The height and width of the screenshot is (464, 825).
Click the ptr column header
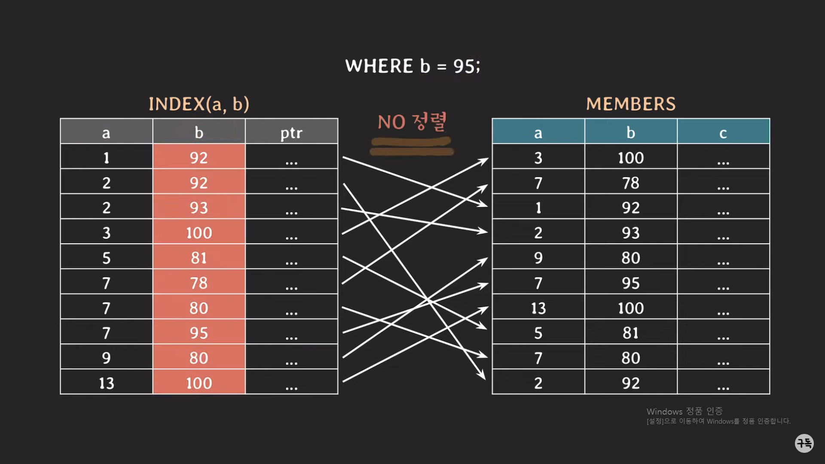[x=291, y=133]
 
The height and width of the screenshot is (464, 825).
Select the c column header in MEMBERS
[x=723, y=133]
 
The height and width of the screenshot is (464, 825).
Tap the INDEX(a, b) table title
[x=199, y=104]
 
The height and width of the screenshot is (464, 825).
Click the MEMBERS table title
[x=631, y=104]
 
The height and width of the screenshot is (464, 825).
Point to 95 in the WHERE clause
[x=464, y=66]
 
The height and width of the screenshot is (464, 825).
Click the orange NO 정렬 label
[x=412, y=122]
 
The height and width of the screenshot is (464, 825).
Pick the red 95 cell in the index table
[x=199, y=333]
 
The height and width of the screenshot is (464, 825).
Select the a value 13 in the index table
[x=107, y=383]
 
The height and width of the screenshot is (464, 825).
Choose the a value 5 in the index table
[x=107, y=258]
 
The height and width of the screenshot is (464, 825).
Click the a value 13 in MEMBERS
[x=538, y=308]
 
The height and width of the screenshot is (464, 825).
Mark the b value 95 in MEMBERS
[x=631, y=283]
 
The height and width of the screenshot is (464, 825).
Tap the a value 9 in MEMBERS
[x=538, y=258]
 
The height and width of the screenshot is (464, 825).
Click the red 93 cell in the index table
[x=199, y=208]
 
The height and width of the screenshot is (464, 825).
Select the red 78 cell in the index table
[x=199, y=283]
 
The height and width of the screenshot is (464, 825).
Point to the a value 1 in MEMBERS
[x=538, y=208]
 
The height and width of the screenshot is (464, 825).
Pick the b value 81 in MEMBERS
[x=631, y=333]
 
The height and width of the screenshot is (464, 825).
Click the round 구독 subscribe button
[x=804, y=443]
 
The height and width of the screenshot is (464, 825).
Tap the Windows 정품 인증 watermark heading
[x=684, y=411]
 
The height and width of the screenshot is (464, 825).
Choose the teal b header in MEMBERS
[x=631, y=133]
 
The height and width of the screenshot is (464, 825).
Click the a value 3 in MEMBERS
[x=538, y=158]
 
